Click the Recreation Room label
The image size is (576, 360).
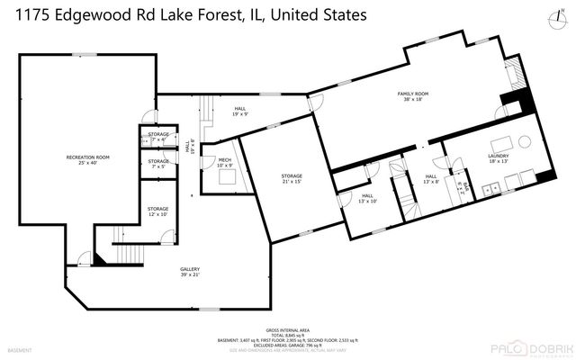87,160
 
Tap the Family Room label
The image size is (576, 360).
411,96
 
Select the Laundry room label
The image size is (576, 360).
499,158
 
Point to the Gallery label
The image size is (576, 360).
189,272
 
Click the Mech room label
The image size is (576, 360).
224,163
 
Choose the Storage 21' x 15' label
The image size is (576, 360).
291,178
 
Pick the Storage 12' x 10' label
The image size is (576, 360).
158,211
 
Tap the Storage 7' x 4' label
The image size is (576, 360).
158,138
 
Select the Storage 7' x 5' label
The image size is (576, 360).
158,164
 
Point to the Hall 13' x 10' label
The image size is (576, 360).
367,198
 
